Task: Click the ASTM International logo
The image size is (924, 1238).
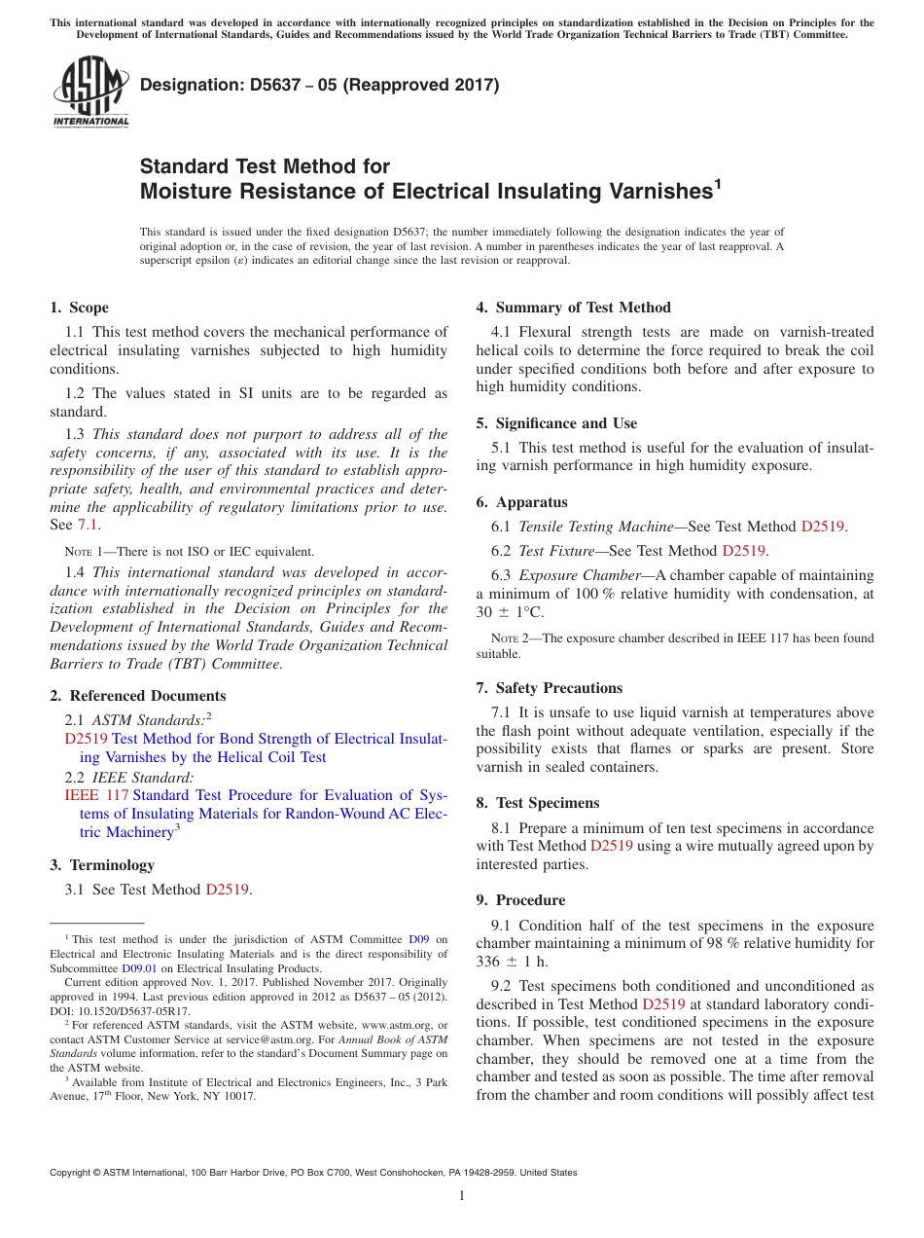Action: point(89,93)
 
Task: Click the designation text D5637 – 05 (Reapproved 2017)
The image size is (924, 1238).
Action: point(319,85)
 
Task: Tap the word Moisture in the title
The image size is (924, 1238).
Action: point(184,192)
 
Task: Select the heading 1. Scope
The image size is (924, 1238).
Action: point(79,308)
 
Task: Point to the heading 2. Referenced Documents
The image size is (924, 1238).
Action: point(137,696)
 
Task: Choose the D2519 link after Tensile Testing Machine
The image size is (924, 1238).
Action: point(822,527)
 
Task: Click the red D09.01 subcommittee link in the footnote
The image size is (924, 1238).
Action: point(139,968)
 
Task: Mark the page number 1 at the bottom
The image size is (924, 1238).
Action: point(462,1195)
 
